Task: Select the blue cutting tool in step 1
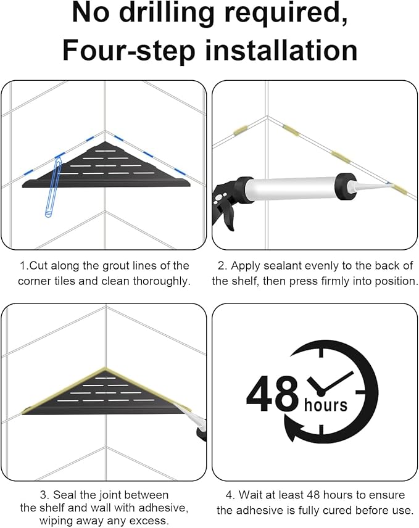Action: tap(54, 188)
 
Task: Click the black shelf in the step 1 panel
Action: tap(106, 165)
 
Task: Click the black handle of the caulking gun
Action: tap(226, 205)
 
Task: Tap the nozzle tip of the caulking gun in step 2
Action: tap(389, 183)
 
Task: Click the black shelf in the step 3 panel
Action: tap(106, 393)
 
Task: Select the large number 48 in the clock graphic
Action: tap(272, 394)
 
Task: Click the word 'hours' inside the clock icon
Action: tap(325, 405)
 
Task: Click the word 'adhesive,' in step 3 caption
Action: tap(163, 508)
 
